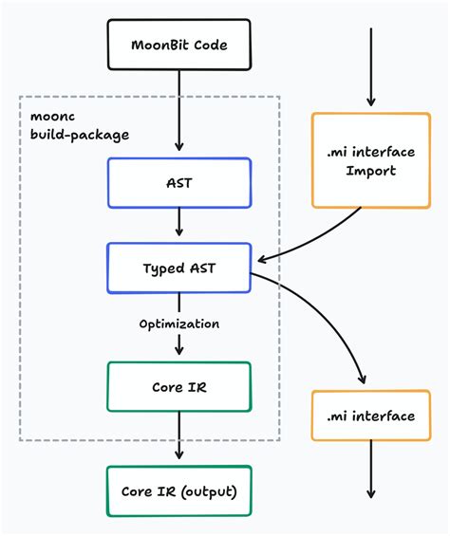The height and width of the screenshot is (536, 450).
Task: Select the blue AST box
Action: pos(178,182)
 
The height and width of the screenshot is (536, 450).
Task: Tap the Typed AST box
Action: pos(178,268)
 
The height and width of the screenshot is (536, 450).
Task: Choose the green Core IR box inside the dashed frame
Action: pos(178,387)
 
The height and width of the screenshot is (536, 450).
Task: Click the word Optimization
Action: pos(178,323)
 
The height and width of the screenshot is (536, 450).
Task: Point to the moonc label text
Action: pos(49,117)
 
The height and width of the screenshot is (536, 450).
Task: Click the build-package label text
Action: pos(79,135)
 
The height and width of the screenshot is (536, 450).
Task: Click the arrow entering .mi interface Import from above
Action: pos(370,66)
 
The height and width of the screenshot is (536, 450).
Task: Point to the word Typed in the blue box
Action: pos(159,268)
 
